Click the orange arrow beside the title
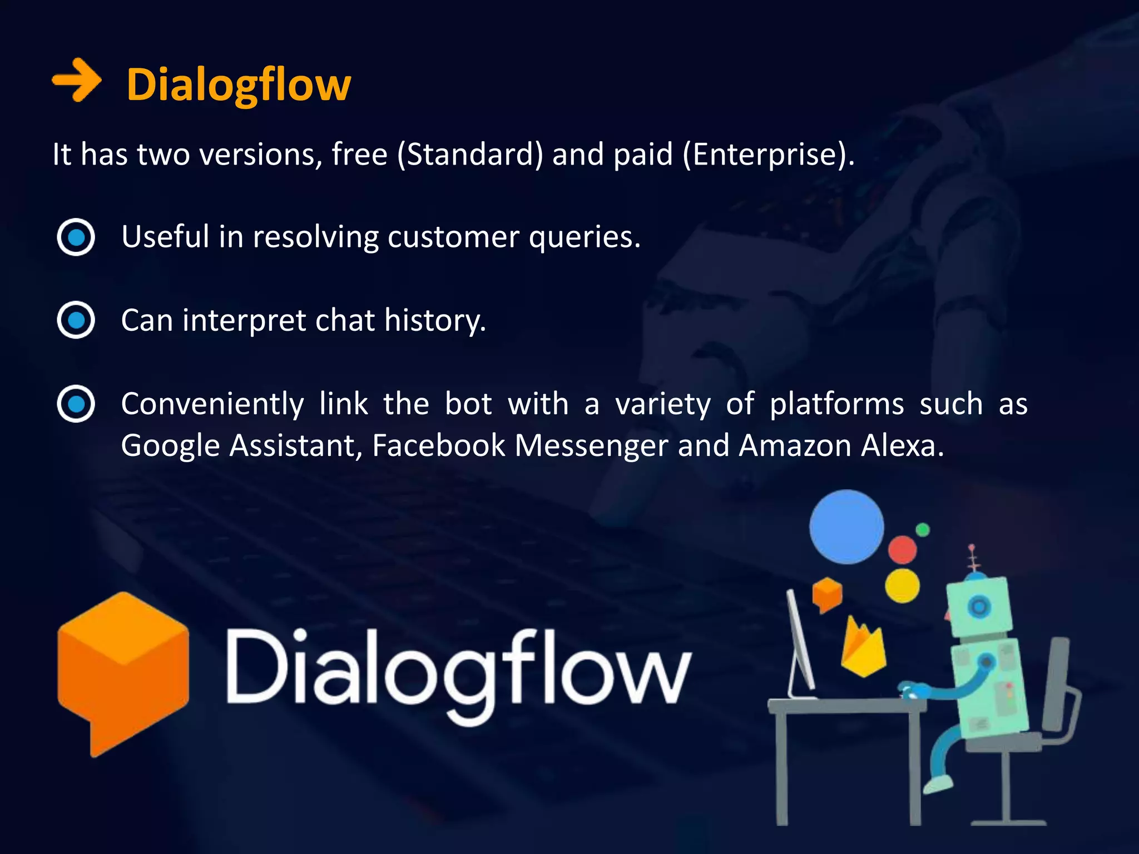pyautogui.click(x=76, y=81)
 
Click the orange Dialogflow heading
pyautogui.click(x=239, y=85)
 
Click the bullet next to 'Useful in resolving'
pyautogui.click(x=76, y=237)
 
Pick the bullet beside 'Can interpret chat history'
pyautogui.click(x=76, y=320)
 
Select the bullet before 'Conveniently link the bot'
pyautogui.click(x=76, y=404)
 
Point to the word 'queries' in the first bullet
pyautogui.click(x=584, y=237)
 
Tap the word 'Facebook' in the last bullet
pyautogui.click(x=439, y=445)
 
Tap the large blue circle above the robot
pyautogui.click(x=846, y=527)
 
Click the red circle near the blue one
pyautogui.click(x=902, y=549)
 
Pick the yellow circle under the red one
pyautogui.click(x=902, y=585)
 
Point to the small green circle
pyautogui.click(x=923, y=529)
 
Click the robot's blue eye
pyautogui.click(x=979, y=605)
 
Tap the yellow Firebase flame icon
pyautogui.click(x=861, y=648)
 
